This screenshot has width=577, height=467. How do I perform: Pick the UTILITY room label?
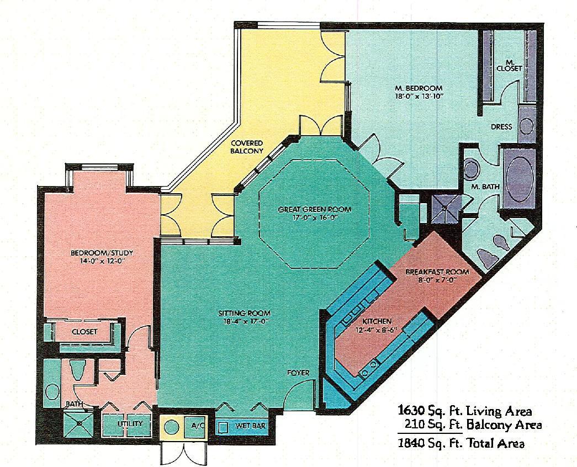click(x=130, y=424)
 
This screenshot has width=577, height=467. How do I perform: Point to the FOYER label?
click(x=298, y=373)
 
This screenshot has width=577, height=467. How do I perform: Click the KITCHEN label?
click(x=377, y=321)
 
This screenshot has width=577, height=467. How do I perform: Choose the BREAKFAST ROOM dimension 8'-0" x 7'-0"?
click(x=437, y=280)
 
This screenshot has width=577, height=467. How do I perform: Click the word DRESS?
click(x=501, y=126)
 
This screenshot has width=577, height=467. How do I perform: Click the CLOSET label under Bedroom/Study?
click(x=84, y=332)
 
